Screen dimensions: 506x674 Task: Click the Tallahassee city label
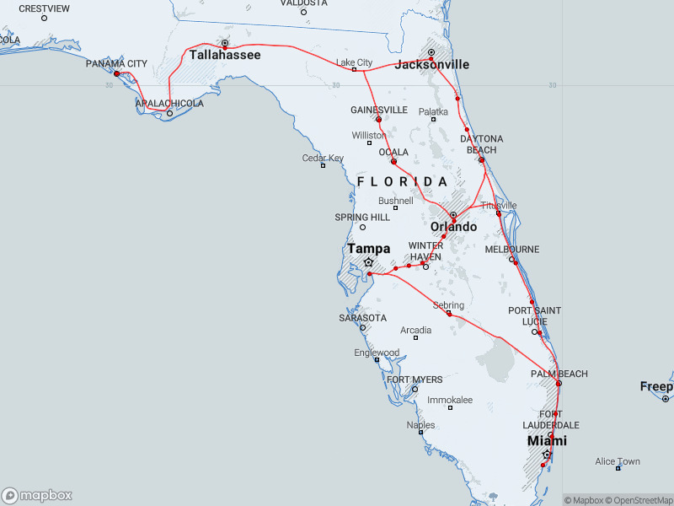224,55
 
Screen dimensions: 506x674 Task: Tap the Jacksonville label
432,64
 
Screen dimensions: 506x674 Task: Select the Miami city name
547,441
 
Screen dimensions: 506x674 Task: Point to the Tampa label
368,249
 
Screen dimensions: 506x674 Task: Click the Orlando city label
453,228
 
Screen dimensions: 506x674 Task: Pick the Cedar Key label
323,158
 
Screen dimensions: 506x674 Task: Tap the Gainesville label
378,110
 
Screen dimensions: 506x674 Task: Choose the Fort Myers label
415,379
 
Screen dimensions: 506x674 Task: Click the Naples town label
420,425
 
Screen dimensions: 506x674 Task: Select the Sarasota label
362,318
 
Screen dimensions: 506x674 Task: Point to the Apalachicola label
169,104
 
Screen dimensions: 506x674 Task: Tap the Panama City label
116,63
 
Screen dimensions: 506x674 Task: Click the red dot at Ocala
393,161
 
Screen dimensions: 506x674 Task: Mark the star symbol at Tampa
368,262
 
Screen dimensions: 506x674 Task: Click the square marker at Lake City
354,70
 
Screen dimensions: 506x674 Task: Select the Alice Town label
618,461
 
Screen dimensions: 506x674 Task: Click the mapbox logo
37,496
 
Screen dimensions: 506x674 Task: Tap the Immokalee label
450,400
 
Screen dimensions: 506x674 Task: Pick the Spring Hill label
362,217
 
